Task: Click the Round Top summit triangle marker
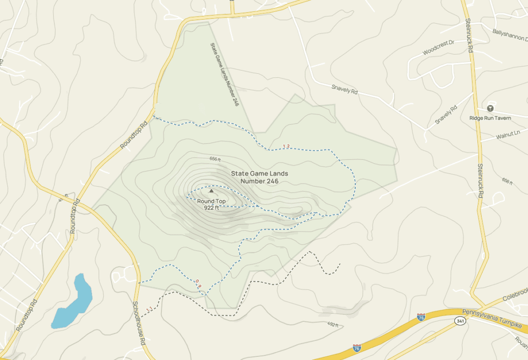tap(211, 191)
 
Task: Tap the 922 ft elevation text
tap(211, 208)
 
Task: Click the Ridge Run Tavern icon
tap(490, 108)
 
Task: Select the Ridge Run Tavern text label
tap(490, 118)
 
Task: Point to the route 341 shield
tap(460, 321)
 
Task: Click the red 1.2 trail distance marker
tap(287, 147)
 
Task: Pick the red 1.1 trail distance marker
tap(149, 309)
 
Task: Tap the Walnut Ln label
tap(508, 136)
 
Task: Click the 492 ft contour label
tap(333, 324)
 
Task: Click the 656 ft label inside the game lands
tap(215, 159)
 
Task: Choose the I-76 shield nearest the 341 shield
tap(421, 317)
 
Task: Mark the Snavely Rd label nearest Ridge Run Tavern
tap(446, 114)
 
